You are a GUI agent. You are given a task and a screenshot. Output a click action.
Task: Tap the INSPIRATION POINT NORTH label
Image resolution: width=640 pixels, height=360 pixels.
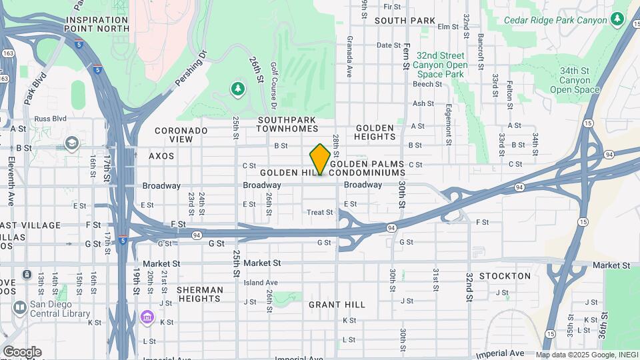pyautogui.click(x=97, y=24)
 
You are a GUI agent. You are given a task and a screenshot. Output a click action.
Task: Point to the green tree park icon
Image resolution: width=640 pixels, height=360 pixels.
pyautogui.click(x=237, y=89)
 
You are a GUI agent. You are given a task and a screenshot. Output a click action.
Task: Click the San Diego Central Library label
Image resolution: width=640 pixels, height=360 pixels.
pyautogui.click(x=60, y=309)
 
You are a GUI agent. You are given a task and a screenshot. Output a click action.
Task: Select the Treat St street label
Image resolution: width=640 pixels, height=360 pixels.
pyautogui.click(x=319, y=213)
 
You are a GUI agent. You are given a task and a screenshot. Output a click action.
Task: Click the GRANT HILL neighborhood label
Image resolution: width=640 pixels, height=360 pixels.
pyautogui.click(x=337, y=305)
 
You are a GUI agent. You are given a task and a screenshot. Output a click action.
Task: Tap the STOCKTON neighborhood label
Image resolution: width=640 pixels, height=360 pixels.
pyautogui.click(x=509, y=276)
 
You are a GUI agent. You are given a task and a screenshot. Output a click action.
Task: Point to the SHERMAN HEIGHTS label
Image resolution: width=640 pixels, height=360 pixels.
pyautogui.click(x=200, y=295)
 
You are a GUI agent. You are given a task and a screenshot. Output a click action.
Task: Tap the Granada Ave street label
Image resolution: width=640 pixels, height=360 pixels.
pyautogui.click(x=349, y=57)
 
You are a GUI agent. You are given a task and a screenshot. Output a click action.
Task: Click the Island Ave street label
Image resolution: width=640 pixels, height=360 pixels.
pyautogui.click(x=260, y=283)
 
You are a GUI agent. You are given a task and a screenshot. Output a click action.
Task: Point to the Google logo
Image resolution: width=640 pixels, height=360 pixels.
pyautogui.click(x=22, y=352)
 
